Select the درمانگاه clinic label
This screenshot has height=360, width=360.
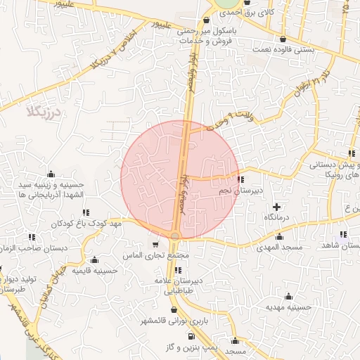tap(278, 218)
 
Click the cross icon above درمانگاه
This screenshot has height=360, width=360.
tap(277, 207)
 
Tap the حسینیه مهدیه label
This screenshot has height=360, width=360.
tap(289, 307)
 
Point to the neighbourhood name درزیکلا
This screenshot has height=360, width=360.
tap(43, 112)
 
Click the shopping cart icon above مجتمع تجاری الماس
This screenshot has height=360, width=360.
tap(155, 245)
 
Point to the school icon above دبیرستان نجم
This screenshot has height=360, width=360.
tap(241, 179)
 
